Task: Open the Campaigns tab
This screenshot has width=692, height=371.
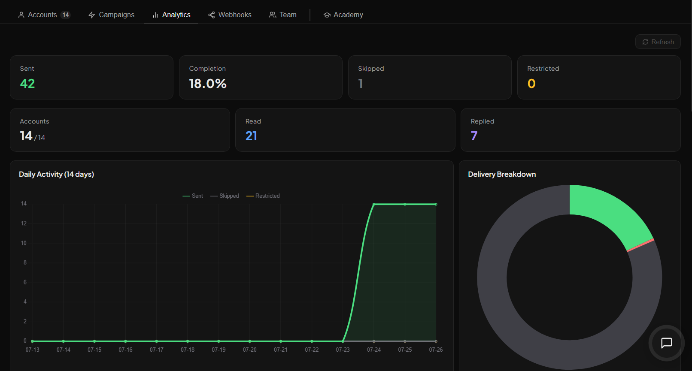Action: (x=111, y=15)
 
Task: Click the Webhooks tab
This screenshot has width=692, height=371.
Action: (x=230, y=15)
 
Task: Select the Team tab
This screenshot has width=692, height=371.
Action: (x=282, y=15)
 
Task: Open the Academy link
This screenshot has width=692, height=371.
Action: (x=343, y=15)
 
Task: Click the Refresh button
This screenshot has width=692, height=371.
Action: (x=658, y=42)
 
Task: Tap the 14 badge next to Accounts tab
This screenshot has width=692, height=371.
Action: (x=66, y=15)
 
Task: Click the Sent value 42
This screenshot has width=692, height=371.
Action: (x=27, y=84)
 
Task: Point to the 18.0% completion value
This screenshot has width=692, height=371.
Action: (x=208, y=84)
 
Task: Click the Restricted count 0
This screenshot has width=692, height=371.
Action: (x=531, y=84)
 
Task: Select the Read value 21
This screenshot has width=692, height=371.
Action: (x=251, y=136)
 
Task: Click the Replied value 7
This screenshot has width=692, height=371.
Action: (x=474, y=136)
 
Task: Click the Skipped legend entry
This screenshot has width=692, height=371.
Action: (x=225, y=196)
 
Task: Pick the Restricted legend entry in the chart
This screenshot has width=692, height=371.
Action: (x=263, y=196)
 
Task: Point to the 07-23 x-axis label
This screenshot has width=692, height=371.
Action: (x=343, y=350)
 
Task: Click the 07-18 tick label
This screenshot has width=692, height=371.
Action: (x=188, y=350)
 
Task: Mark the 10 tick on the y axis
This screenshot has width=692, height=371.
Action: (x=24, y=243)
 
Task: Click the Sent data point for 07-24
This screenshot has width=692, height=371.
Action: (x=374, y=204)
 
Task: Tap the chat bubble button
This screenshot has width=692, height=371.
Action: (x=666, y=343)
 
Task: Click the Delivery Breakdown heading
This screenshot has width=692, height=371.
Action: (x=502, y=175)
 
